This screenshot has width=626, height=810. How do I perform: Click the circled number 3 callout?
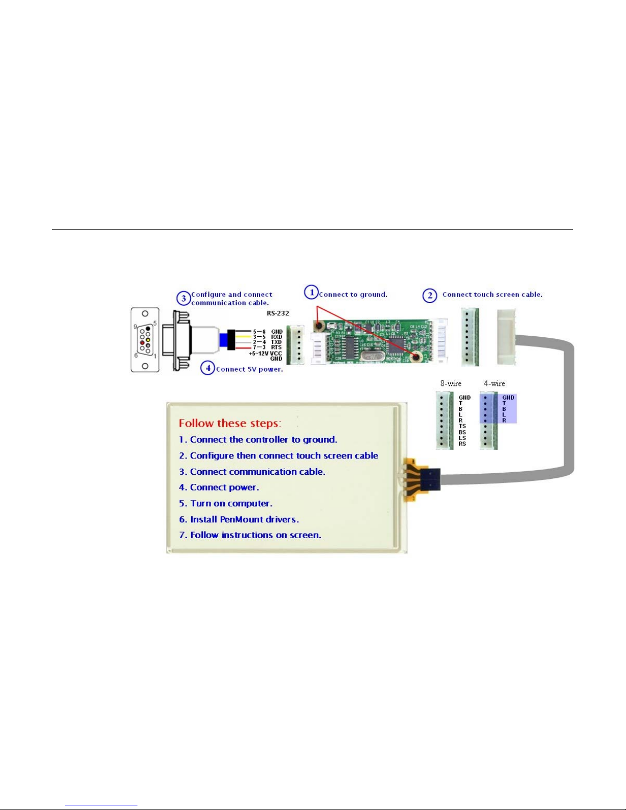click(x=183, y=299)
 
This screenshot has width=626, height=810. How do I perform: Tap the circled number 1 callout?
click(x=311, y=292)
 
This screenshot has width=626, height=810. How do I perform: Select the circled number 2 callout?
click(x=430, y=295)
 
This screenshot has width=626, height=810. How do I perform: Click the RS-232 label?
click(x=278, y=313)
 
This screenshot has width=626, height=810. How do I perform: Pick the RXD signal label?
click(x=276, y=337)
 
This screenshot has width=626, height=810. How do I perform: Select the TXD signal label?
click(x=276, y=342)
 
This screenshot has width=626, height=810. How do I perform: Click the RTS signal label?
click(x=276, y=348)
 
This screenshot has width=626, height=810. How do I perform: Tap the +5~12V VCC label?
click(x=265, y=353)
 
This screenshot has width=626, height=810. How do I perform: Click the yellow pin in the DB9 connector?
click(x=148, y=339)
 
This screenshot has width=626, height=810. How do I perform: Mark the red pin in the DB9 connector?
click(x=143, y=342)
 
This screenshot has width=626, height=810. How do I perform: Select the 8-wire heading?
click(x=451, y=383)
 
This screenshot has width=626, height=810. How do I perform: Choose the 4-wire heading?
click(x=494, y=383)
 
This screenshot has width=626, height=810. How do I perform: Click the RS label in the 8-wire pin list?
click(x=462, y=444)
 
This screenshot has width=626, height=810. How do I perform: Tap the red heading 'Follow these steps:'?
click(x=230, y=423)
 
